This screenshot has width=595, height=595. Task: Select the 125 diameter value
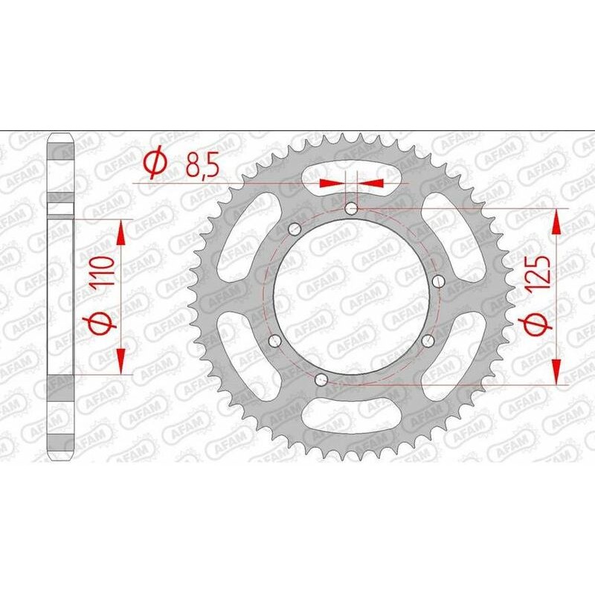(x=541, y=272)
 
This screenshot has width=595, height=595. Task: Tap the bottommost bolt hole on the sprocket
(x=321, y=381)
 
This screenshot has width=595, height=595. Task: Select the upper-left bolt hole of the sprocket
(x=294, y=228)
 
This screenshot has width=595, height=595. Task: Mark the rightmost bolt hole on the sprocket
(x=438, y=281)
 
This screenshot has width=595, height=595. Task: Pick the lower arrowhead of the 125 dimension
(x=556, y=372)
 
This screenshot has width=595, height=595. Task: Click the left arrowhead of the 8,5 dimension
(x=329, y=182)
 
